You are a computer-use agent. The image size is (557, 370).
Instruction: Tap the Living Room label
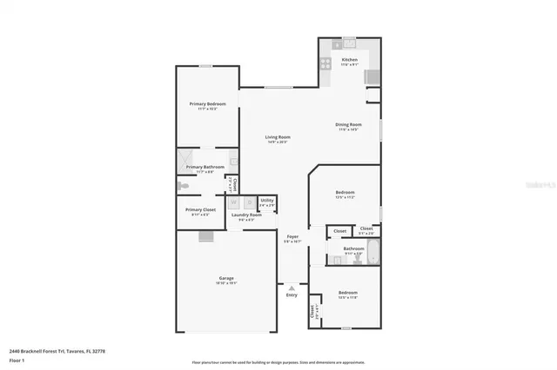point(278,137)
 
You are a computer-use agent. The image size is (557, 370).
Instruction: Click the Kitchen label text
point(350,60)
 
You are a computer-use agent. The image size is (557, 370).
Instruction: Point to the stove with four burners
point(325,63)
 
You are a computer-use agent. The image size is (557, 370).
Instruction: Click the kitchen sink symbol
point(349,42)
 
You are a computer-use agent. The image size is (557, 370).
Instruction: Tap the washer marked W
point(233,202)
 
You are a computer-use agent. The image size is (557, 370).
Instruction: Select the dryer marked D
point(248,202)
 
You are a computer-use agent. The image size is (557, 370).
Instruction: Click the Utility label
point(267,200)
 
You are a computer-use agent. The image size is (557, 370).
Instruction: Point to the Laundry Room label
point(252,215)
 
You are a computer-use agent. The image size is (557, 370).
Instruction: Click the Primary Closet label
point(200,209)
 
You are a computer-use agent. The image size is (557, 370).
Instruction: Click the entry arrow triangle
point(292,287)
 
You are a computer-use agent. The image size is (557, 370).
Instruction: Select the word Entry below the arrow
point(292,295)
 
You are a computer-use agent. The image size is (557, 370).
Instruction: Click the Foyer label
point(293,236)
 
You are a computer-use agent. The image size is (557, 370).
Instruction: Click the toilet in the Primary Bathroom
point(184,185)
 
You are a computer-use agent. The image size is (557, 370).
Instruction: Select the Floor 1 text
point(16,359)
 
